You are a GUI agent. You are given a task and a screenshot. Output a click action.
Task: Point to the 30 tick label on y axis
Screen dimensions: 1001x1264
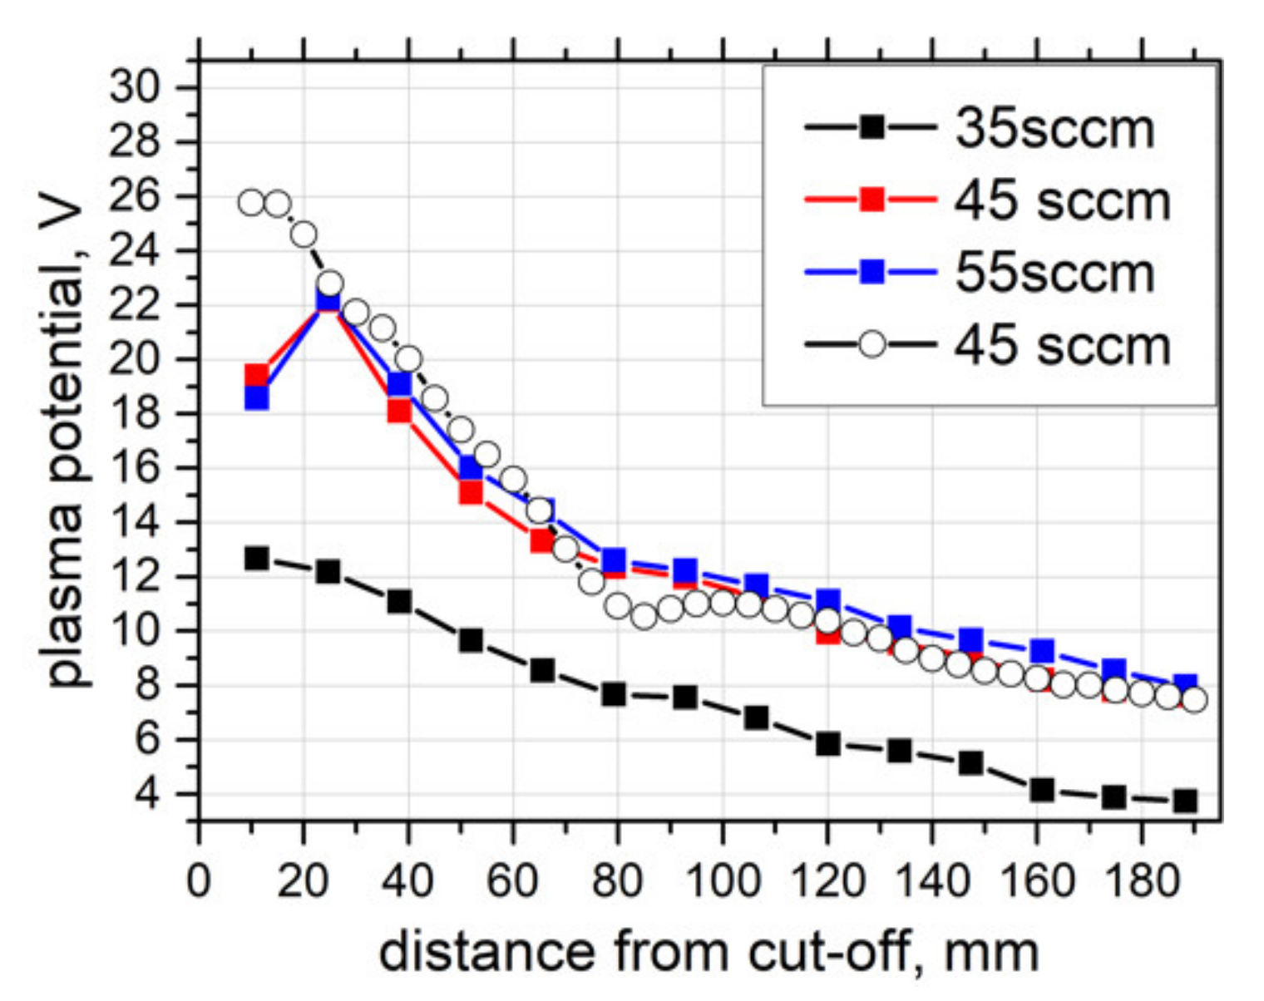pos(136,86)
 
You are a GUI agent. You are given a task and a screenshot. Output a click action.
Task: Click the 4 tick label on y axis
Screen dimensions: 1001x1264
pos(148,794)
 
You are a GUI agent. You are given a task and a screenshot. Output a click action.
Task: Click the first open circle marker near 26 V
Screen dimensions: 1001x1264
pos(251,202)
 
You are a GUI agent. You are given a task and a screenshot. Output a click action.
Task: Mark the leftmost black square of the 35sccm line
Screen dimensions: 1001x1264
pos(257,558)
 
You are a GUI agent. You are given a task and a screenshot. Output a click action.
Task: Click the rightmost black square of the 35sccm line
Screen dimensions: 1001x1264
pos(1185,801)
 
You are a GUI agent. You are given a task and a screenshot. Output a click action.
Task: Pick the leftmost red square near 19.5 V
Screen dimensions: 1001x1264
pos(257,376)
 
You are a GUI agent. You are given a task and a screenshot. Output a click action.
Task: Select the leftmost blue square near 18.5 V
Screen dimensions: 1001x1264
pos(257,398)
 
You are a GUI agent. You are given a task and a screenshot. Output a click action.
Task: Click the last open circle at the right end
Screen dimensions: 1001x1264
pos(1193,700)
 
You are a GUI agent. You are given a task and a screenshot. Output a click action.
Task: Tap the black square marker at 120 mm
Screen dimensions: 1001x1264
pos(827,743)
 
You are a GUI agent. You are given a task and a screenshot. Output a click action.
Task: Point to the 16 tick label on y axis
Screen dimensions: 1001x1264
pos(136,468)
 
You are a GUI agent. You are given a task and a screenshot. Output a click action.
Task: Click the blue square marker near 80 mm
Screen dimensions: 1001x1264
pos(614,560)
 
